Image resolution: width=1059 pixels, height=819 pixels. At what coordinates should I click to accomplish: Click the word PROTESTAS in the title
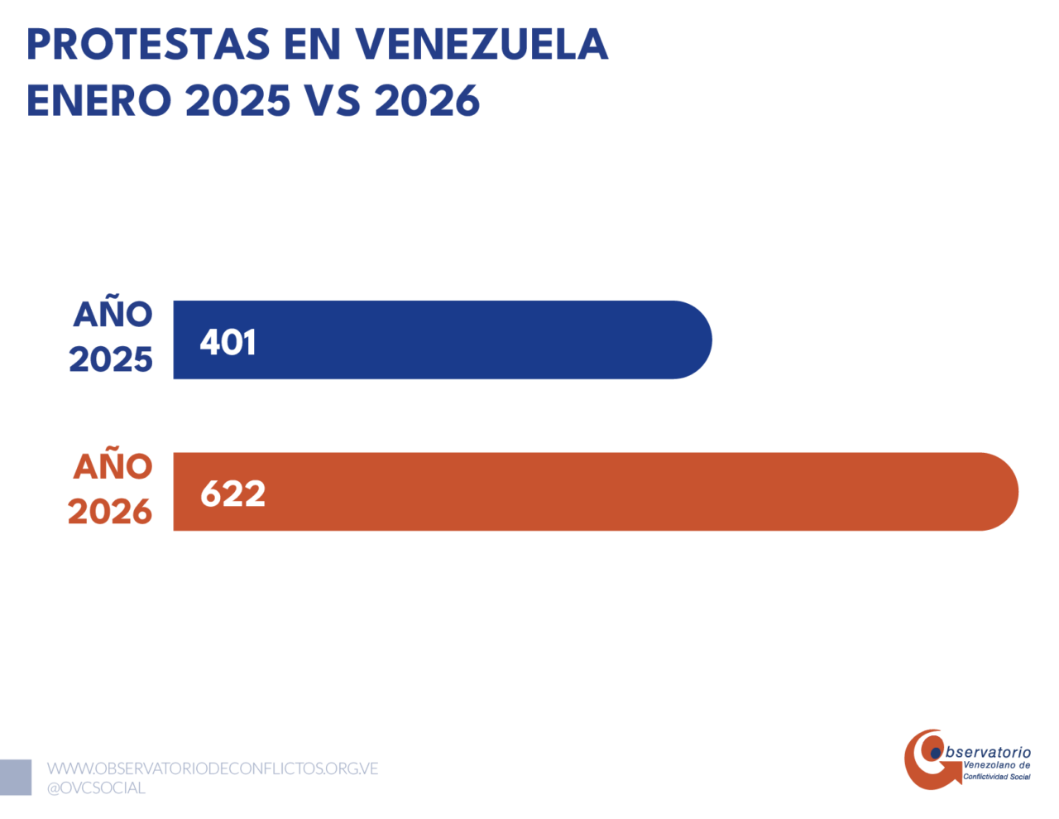point(148,45)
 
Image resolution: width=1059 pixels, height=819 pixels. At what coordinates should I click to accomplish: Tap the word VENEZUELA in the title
point(482,45)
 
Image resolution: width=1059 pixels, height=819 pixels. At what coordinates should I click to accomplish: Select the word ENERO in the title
point(99,100)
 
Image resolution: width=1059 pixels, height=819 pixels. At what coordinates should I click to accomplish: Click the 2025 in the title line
point(238,100)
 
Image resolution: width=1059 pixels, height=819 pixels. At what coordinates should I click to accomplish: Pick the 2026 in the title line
point(428,100)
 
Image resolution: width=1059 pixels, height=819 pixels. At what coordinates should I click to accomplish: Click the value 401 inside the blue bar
point(228,342)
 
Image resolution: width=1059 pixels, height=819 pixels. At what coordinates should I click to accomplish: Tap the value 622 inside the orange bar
point(233,494)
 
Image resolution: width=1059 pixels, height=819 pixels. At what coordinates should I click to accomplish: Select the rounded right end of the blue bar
point(711,340)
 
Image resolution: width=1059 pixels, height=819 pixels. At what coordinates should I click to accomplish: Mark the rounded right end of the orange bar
point(1017,492)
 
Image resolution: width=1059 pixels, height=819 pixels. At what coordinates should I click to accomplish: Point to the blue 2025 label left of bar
point(111,359)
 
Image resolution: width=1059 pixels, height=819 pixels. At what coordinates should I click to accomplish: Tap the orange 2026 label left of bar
point(110,512)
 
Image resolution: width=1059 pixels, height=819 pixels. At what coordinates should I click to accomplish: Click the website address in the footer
point(213,768)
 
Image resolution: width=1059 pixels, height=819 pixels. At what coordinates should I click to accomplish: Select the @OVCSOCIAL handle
point(96,788)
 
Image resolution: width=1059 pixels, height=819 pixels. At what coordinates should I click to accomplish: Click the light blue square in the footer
point(16,778)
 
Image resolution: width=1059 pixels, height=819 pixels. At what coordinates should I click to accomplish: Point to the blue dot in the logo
point(936,754)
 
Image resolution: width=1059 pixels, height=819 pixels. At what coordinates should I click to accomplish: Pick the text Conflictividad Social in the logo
point(997,777)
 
